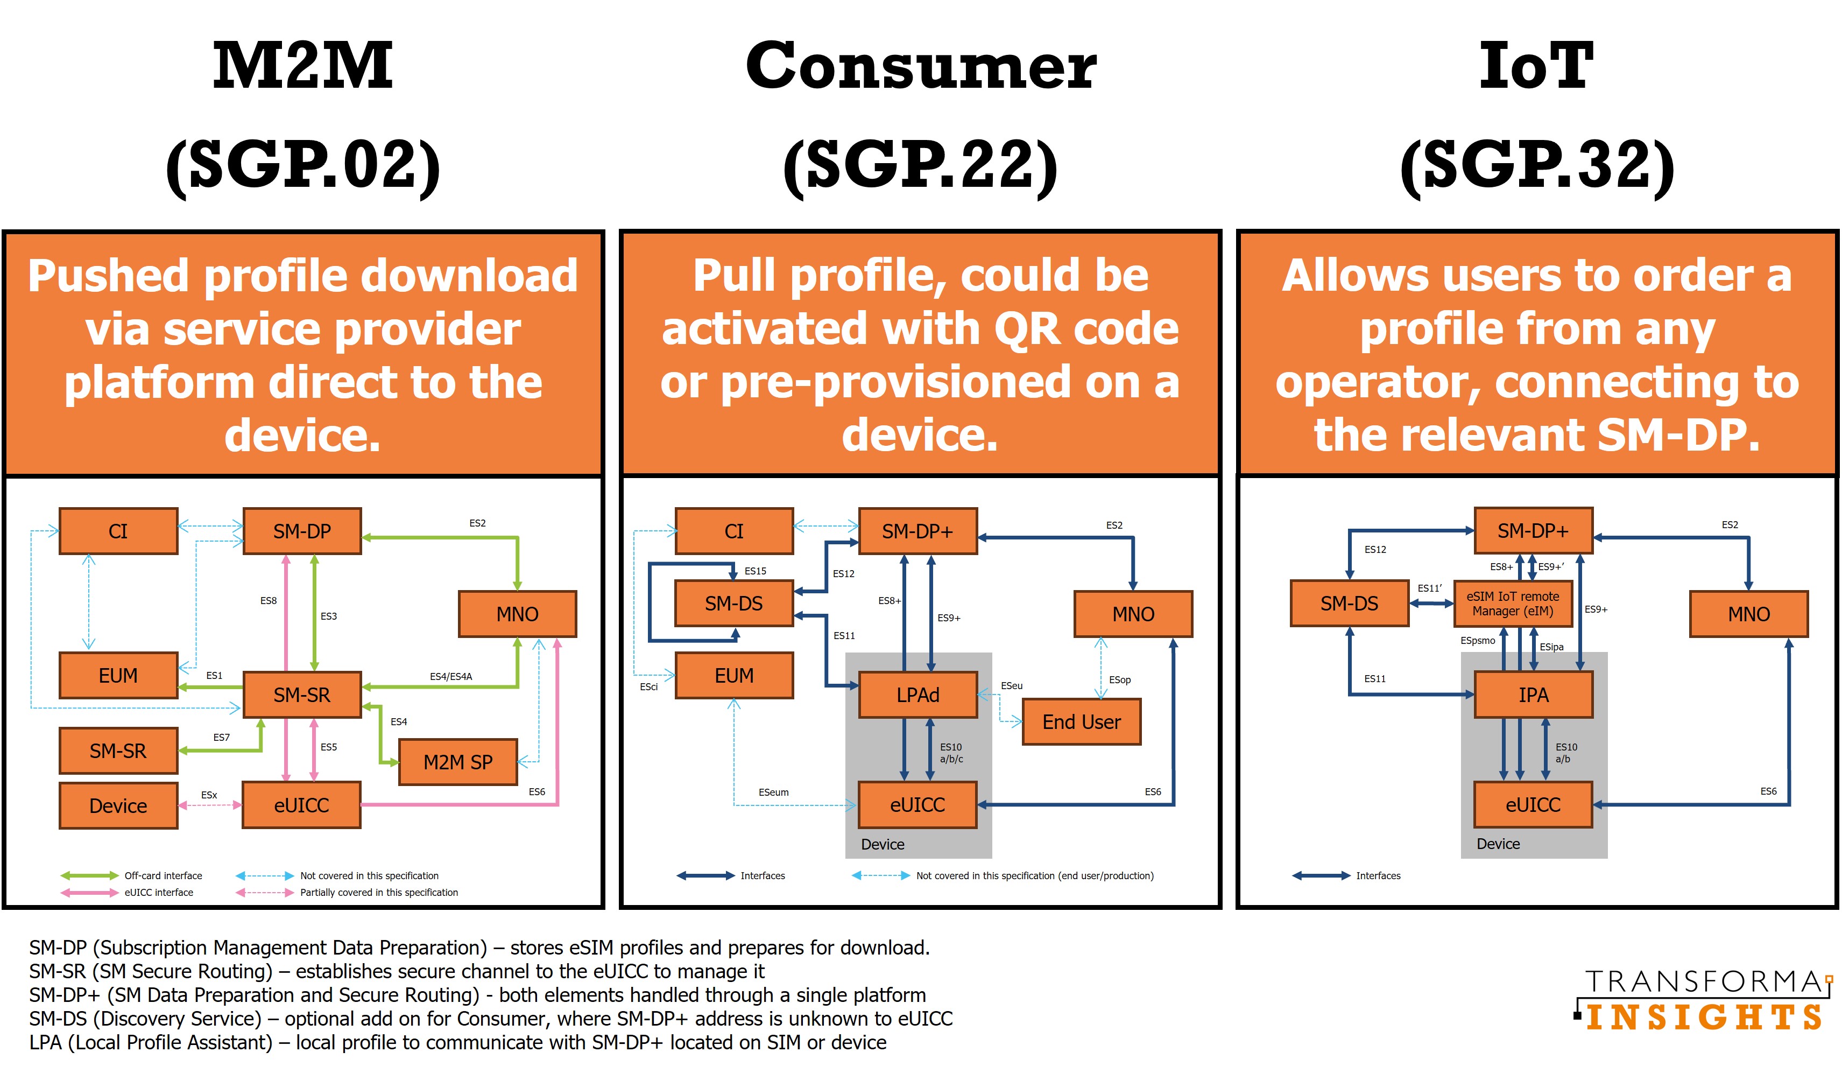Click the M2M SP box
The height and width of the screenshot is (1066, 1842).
click(x=457, y=762)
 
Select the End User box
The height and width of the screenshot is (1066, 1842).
click(x=1081, y=721)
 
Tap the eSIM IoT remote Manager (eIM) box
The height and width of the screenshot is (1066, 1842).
click(x=1512, y=603)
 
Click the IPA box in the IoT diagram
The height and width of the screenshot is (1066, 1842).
click(x=1533, y=695)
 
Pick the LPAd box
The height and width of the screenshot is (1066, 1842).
click(x=918, y=695)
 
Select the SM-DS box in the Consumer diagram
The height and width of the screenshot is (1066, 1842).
click(x=733, y=603)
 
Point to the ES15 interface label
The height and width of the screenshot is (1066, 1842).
click(x=755, y=571)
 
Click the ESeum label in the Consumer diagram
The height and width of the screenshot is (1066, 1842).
click(x=773, y=792)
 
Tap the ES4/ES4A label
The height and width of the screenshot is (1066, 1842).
click(x=450, y=676)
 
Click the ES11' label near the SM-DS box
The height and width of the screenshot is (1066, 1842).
click(x=1430, y=588)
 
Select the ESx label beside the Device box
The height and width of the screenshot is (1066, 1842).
click(x=209, y=795)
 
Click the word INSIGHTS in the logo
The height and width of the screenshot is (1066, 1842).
click(x=1703, y=1017)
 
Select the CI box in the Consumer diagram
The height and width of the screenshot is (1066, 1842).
click(x=733, y=531)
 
